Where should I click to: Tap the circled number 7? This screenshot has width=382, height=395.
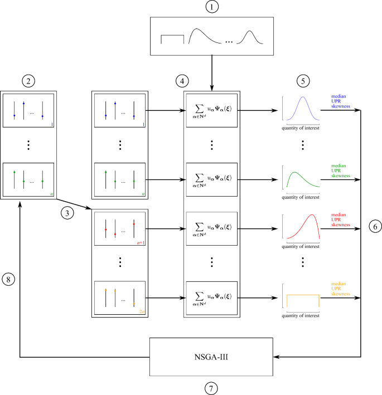211,388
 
